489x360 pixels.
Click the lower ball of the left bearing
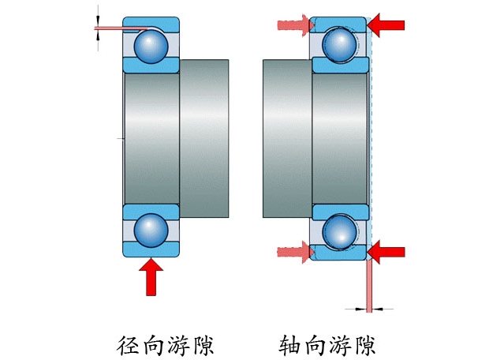point(151,230)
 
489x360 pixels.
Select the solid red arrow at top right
point(386,26)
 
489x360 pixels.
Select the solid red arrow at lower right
point(386,252)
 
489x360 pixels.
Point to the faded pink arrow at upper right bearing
point(296,26)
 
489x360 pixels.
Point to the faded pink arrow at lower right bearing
point(296,252)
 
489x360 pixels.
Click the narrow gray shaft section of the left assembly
point(205,138)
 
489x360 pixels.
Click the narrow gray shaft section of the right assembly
point(287,138)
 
